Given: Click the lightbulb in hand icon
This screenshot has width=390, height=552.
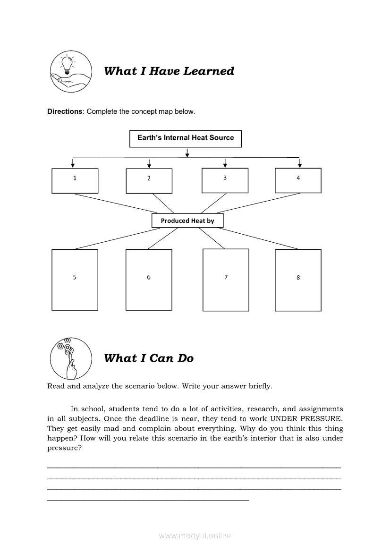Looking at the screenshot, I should coord(69,72).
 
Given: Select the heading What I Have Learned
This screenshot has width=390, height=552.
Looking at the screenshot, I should coord(169,71).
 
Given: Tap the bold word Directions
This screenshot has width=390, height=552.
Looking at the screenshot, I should coord(65,111).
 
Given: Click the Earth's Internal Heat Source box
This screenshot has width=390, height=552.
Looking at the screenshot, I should coord(186,138).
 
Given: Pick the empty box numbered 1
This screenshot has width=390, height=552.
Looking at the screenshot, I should coord(75,180).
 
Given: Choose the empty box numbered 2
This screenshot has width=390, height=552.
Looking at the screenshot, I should coord(149,181).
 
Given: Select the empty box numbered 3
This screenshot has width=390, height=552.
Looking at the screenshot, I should coord(225,180).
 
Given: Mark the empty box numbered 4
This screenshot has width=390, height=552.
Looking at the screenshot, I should coord(298,180).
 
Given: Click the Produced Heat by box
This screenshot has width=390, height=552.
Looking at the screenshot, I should coord(187,221).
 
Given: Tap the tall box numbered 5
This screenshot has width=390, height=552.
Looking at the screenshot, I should coord(75,280).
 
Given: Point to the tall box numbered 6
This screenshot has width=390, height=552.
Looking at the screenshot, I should coord(149,280).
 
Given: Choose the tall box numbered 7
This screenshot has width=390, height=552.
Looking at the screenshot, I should coord(226,280).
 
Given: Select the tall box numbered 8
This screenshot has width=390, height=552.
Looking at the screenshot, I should coord(298,280).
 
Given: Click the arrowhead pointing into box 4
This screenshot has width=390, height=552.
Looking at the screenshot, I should coord(299,165).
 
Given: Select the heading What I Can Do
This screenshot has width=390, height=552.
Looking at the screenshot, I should coord(149,358).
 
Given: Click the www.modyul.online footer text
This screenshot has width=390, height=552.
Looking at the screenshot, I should coord(195,535).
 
